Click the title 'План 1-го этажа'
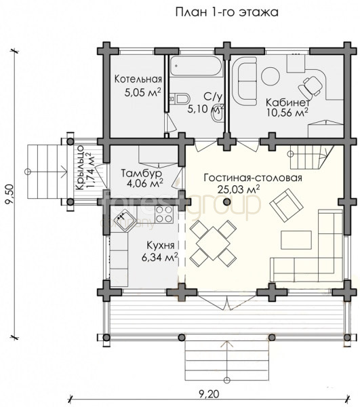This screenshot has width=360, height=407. pos(227,12)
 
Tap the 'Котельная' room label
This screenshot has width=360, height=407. pos(138,79)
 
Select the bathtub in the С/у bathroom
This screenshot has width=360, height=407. pos(196,66)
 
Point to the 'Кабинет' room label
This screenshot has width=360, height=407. pos(287,102)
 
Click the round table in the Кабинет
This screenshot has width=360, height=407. pos(271,76)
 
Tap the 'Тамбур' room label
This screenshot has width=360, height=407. pos(142,173)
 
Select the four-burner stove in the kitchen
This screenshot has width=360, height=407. pos(164,214)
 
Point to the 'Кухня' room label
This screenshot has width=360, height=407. pos(161,246)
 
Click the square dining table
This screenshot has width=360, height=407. pos(213,244)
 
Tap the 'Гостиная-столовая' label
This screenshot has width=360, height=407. pos(253,178)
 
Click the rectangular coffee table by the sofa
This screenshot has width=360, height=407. pos(296,240)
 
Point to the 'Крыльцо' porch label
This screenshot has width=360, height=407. pos(79,168)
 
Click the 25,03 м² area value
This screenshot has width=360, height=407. pos(239,189)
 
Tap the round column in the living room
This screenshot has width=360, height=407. pos(227,201)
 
